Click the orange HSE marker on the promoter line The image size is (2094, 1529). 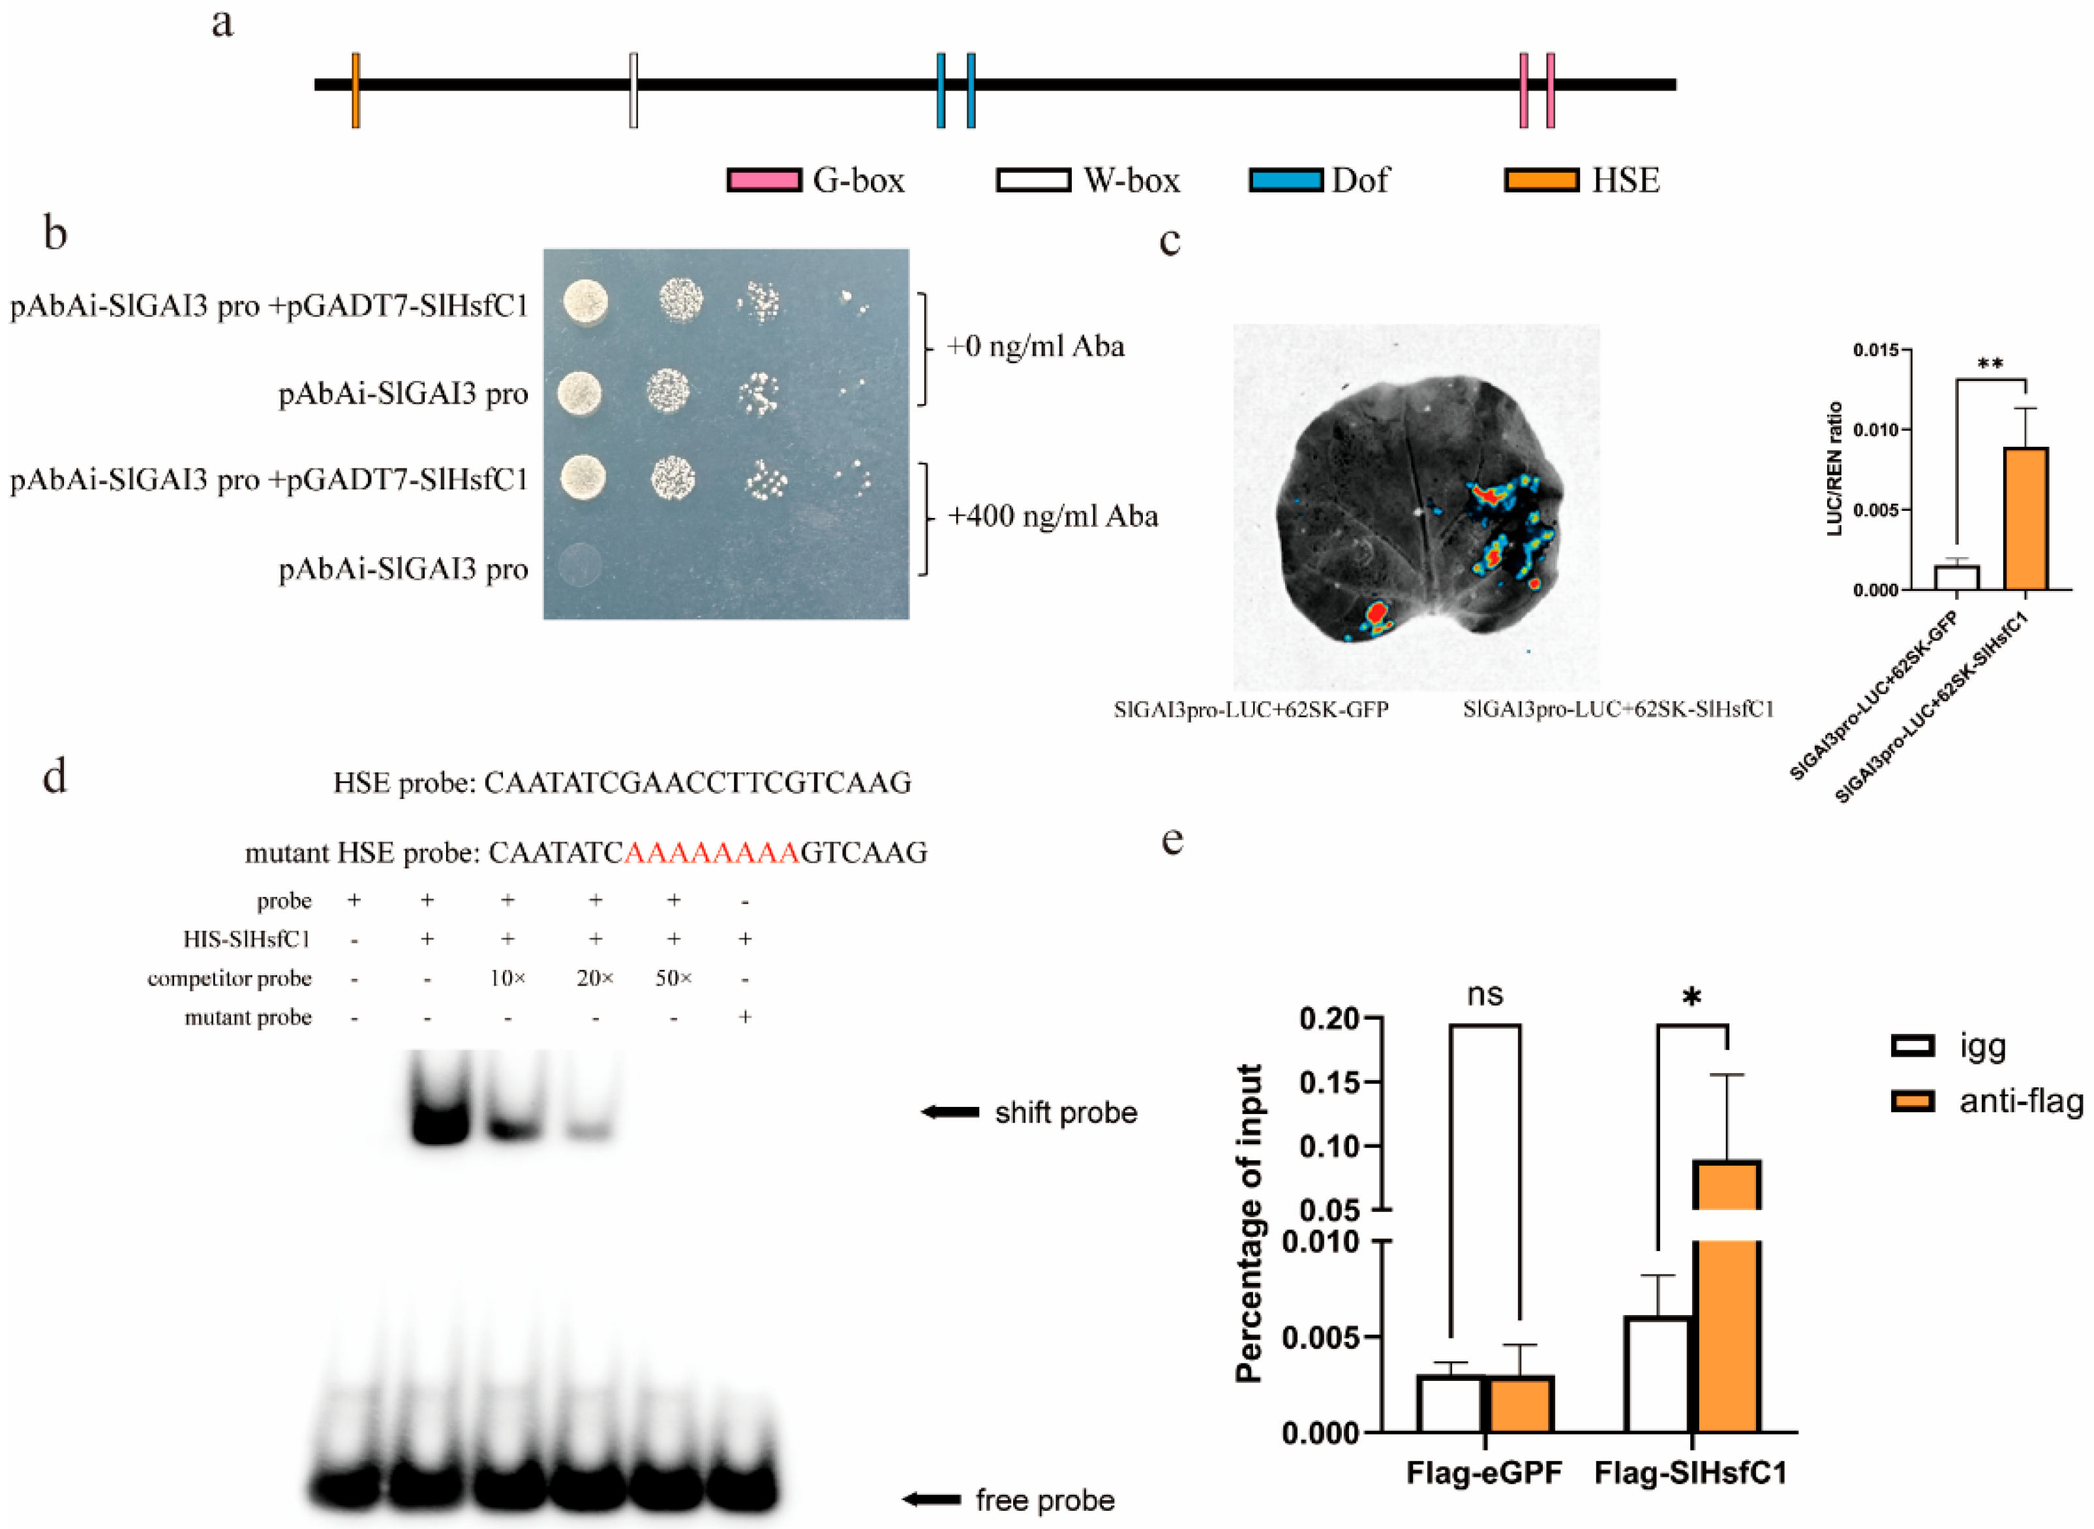click(356, 90)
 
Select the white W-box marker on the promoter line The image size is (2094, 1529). click(633, 90)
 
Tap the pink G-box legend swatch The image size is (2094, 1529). click(763, 179)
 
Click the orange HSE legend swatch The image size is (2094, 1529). click(1541, 179)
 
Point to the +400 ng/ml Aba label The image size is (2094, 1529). click(1053, 515)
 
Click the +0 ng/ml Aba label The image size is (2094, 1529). click(1035, 346)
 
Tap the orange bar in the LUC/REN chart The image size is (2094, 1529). click(2026, 519)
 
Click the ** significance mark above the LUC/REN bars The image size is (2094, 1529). click(1990, 364)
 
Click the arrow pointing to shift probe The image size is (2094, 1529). click(950, 1112)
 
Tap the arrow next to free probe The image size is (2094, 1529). click(931, 1498)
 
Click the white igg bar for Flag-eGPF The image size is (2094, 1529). click(1450, 1403)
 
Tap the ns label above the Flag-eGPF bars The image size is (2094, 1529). click(1485, 995)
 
